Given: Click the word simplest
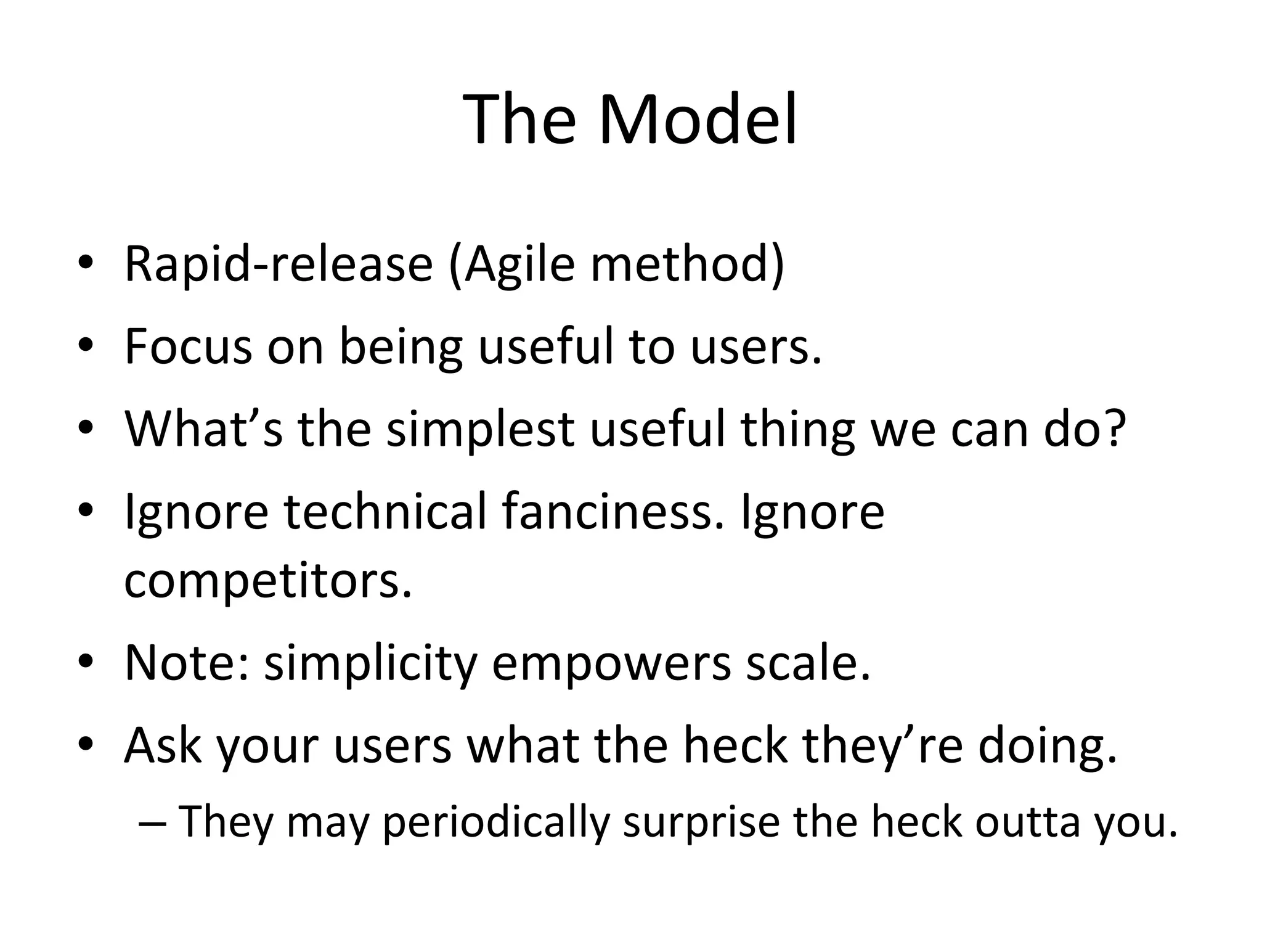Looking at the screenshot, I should [x=481, y=430].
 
